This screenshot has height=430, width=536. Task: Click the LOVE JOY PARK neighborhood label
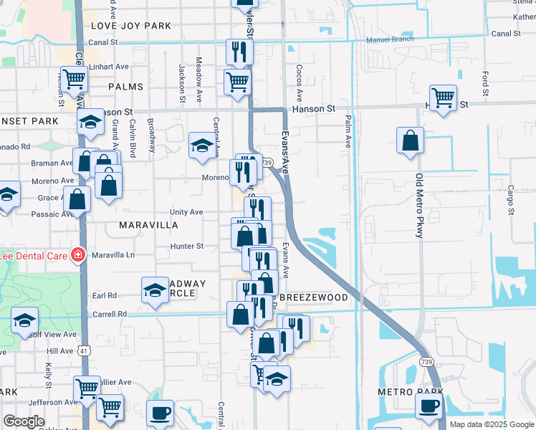click(131, 26)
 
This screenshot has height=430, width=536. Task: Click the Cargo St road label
click(510, 200)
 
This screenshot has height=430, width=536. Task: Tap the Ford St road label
click(485, 84)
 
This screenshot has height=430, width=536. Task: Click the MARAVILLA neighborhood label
click(148, 224)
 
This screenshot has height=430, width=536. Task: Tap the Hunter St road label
click(187, 246)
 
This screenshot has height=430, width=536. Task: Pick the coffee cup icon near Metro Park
click(429, 406)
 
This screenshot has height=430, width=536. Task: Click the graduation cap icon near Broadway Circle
click(155, 290)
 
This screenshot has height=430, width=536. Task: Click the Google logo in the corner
click(24, 421)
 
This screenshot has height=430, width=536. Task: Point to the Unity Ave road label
click(186, 212)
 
